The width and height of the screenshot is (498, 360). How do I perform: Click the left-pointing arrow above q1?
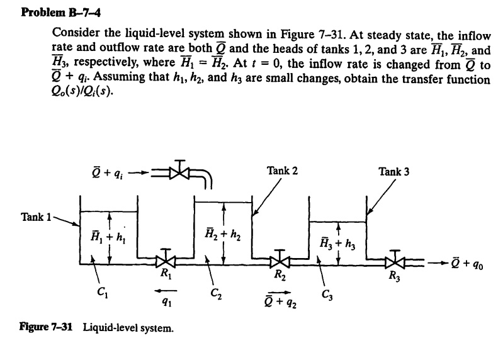tap(161, 290)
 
